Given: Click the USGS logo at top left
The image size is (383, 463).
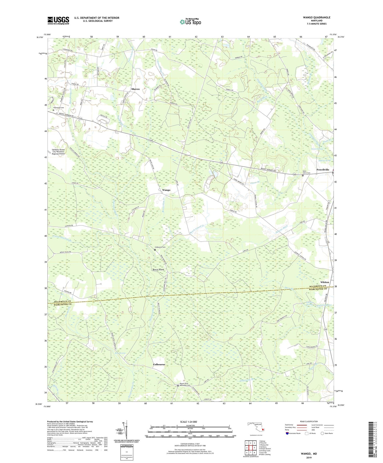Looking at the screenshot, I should [58, 20].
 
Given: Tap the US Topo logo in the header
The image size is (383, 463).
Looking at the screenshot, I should [190, 22].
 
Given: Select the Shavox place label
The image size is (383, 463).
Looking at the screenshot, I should [135, 89].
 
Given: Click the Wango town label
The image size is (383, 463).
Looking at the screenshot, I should [166, 190].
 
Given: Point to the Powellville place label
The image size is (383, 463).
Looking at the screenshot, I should [323, 170].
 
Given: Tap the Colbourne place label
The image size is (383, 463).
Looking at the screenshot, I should [159, 364].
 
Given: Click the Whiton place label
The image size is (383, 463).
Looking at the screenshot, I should [325, 282].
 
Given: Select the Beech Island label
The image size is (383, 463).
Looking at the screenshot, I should [158, 270].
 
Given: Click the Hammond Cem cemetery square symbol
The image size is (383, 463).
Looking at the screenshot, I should [53, 110].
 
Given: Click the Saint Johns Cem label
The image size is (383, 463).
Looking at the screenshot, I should [306, 172].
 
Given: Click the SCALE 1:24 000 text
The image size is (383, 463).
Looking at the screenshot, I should [188, 422].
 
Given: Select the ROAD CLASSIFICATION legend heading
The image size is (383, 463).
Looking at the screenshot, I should [309, 421].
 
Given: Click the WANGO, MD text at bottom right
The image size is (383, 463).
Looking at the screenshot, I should [308, 454].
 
